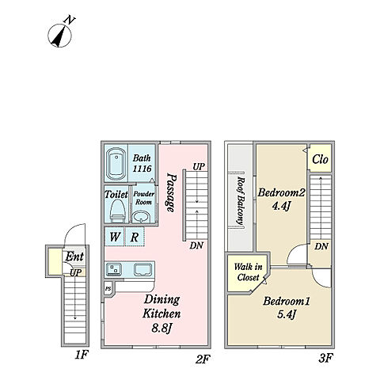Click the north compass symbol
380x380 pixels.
click(x=60, y=35)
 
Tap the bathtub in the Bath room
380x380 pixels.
click(x=116, y=164)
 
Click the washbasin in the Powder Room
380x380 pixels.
click(x=141, y=217)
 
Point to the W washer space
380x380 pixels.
click(x=115, y=237)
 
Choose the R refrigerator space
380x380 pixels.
click(x=135, y=237)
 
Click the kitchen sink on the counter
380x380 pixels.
click(x=114, y=270)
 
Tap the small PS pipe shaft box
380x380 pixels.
click(x=108, y=289)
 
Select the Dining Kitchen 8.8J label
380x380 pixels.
click(x=161, y=313)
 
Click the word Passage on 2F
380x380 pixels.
click(x=171, y=192)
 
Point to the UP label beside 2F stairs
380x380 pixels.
click(x=199, y=167)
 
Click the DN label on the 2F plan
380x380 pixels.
click(x=196, y=245)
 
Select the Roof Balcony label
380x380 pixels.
click(x=240, y=201)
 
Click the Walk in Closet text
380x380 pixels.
click(x=249, y=272)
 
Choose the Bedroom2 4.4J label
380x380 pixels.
click(x=282, y=199)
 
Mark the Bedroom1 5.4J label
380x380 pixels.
click(x=287, y=307)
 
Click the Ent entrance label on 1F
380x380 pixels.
click(x=74, y=256)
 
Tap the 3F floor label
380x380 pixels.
click(x=325, y=359)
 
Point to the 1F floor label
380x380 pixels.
click(x=81, y=355)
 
